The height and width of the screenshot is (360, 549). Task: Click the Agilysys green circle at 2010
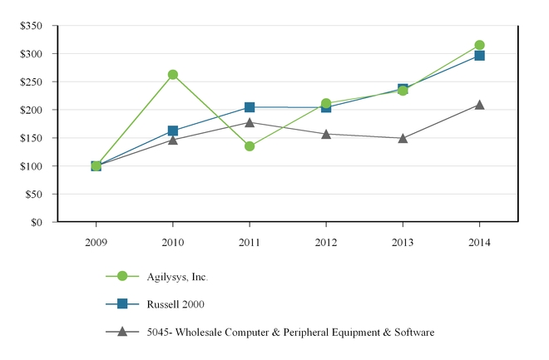(x=173, y=75)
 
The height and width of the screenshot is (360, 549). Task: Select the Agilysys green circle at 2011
(x=250, y=146)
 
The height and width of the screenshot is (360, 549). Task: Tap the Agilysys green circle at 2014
(x=479, y=45)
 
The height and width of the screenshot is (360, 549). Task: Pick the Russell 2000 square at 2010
(x=173, y=131)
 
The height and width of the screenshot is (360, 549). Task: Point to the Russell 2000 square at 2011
(x=250, y=107)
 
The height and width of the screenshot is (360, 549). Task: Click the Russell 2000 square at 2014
(x=479, y=56)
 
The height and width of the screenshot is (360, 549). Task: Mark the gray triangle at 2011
(x=250, y=123)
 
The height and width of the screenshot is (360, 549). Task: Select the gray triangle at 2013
(x=403, y=138)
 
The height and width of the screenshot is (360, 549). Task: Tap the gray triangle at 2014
(x=479, y=105)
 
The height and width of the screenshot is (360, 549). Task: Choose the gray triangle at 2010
(x=173, y=140)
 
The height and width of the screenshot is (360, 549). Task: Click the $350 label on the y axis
(x=32, y=26)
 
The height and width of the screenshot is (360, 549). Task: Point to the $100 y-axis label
(x=32, y=166)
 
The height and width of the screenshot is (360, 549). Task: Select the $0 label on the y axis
(x=37, y=222)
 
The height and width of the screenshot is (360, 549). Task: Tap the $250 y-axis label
(x=32, y=81)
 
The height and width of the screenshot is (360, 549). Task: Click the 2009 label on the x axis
(x=96, y=243)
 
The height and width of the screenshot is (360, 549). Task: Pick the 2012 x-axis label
(x=326, y=243)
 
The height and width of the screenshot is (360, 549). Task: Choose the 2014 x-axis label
(x=479, y=243)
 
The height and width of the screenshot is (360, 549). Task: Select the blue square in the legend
(x=122, y=303)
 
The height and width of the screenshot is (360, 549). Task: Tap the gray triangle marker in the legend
(x=122, y=332)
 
